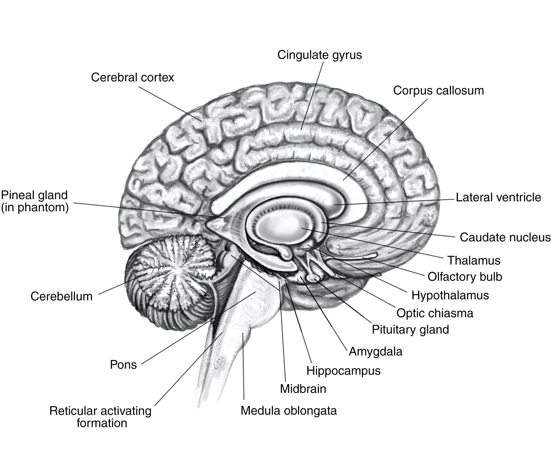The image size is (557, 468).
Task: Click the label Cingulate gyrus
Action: pyautogui.click(x=320, y=55)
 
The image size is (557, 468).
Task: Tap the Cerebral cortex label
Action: pyautogui.click(x=133, y=77)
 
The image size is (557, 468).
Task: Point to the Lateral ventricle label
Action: pyautogui.click(x=498, y=197)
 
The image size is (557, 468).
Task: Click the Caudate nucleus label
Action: pyautogui.click(x=505, y=237)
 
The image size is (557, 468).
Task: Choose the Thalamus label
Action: pyautogui.click(x=474, y=260)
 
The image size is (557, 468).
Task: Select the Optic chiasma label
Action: pyautogui.click(x=435, y=313)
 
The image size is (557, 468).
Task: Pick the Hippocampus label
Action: pyautogui.click(x=343, y=371)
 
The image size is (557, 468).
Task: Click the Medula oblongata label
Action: pyautogui.click(x=289, y=411)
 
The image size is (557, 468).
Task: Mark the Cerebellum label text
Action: pyautogui.click(x=62, y=296)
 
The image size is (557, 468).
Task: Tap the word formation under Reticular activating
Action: pyautogui.click(x=102, y=423)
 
